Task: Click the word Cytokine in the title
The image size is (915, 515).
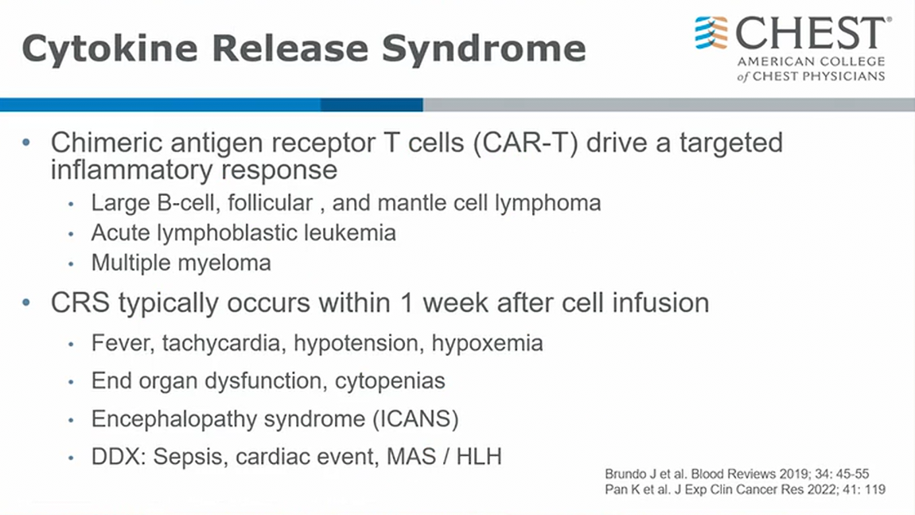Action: coord(110,49)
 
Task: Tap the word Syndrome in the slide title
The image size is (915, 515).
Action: coord(484,49)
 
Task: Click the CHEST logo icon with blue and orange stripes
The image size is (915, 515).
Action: coord(711,33)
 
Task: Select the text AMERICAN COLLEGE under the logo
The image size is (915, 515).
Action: coord(811,61)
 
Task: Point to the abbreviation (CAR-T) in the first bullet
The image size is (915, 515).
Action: coord(525,142)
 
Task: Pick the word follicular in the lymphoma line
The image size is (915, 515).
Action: coord(271,203)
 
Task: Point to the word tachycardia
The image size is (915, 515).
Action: coord(224,343)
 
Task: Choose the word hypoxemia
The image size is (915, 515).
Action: coord(487,343)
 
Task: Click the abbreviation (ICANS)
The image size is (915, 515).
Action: coord(415,419)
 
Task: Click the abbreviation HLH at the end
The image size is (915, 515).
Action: coord(479,457)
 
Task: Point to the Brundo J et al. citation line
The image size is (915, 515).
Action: coord(737,474)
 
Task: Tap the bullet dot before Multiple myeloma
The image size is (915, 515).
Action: coord(71,264)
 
